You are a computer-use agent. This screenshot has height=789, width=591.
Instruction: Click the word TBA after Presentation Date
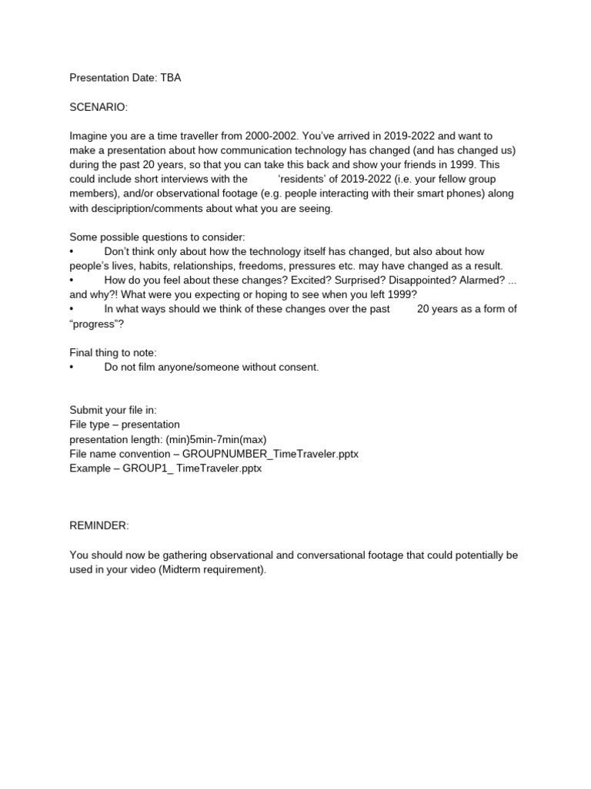[x=171, y=78]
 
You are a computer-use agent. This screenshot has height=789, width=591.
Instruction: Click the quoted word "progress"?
[x=97, y=324]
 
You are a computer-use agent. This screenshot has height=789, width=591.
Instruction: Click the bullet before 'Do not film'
[x=72, y=367]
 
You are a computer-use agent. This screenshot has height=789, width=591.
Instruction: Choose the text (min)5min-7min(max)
[x=212, y=439]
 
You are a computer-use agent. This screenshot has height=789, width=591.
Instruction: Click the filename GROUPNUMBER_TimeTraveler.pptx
[x=270, y=454]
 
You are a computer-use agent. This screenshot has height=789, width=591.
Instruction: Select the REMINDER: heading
[x=99, y=525]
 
